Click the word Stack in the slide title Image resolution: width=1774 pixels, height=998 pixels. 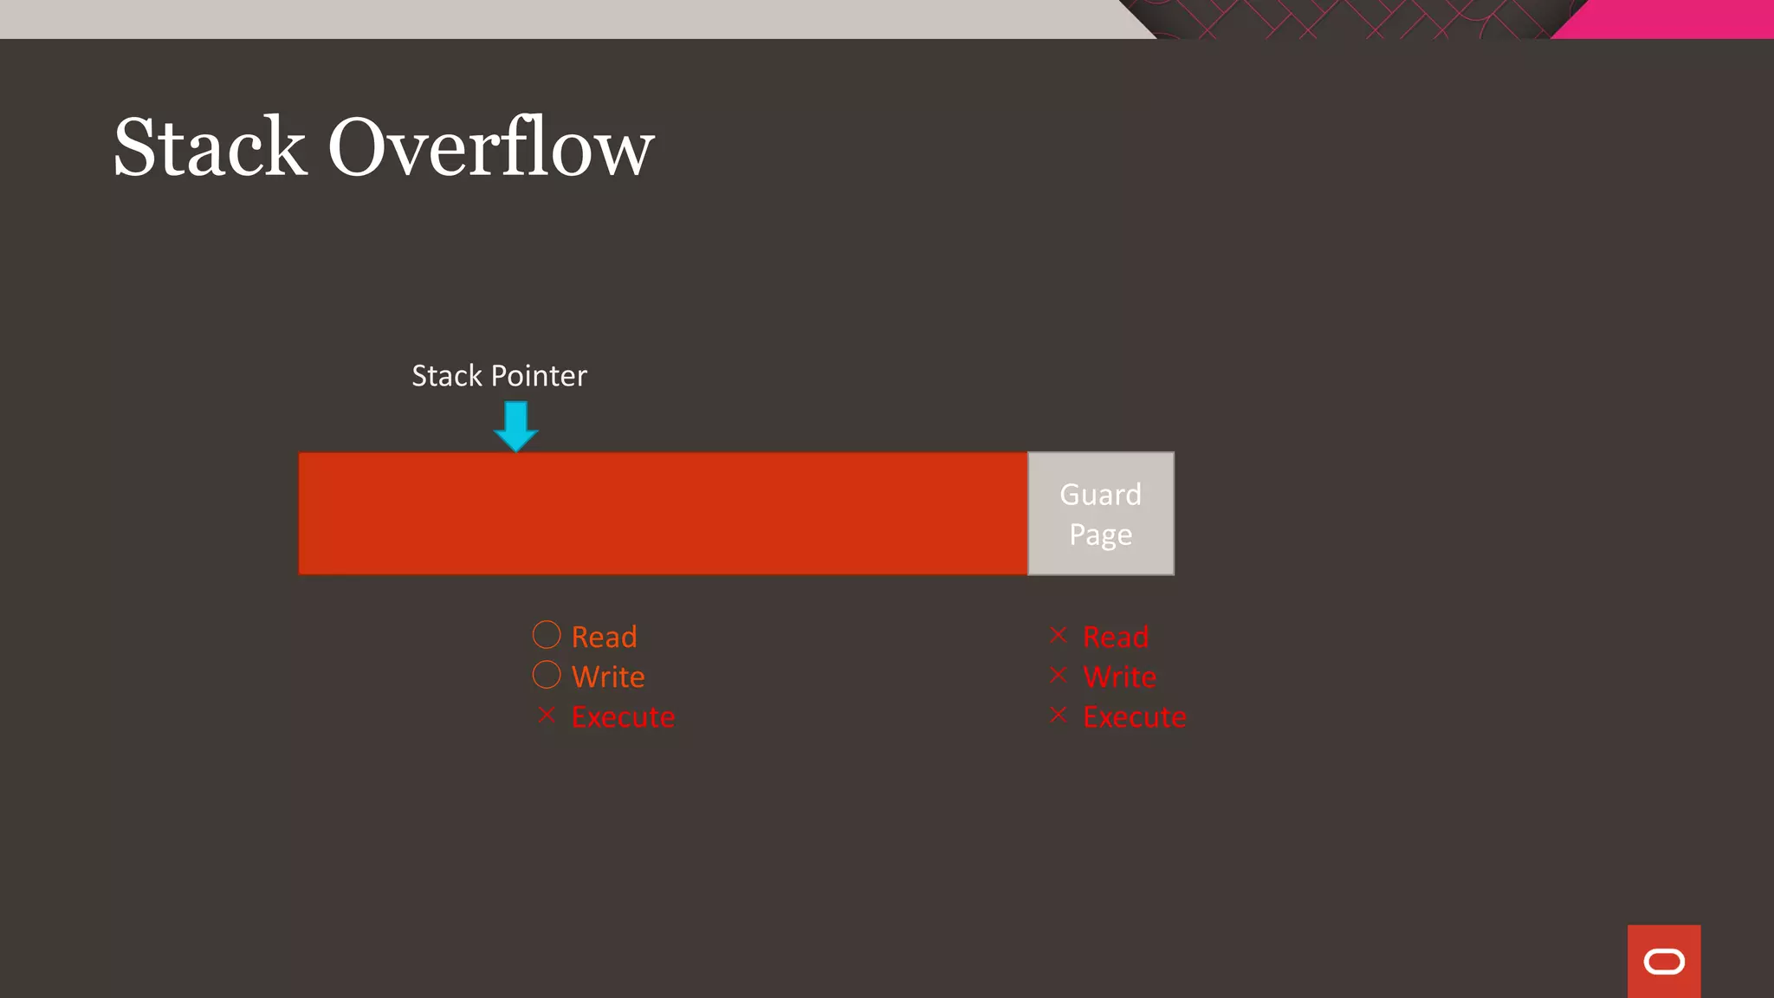click(210, 147)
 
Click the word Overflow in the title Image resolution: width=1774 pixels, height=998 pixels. click(490, 147)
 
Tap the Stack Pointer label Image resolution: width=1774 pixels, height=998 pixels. click(499, 376)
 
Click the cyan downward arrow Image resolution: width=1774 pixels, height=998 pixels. click(516, 425)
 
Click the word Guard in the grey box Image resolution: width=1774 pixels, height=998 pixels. click(1101, 495)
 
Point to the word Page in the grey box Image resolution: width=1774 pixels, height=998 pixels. click(1101, 535)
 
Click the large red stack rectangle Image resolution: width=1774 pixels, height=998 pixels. click(663, 513)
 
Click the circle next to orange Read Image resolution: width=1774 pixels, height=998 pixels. click(547, 635)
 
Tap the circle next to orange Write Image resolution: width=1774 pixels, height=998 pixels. click(547, 675)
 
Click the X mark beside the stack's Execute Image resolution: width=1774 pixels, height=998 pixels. click(547, 715)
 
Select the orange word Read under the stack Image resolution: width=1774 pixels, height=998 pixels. click(605, 637)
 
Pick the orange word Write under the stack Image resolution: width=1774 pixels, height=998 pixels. click(608, 677)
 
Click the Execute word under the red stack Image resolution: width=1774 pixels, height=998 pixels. click(623, 717)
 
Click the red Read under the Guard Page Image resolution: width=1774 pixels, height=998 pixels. click(1116, 637)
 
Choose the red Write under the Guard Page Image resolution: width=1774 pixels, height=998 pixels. click(1119, 677)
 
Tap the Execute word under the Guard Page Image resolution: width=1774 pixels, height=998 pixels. click(1135, 717)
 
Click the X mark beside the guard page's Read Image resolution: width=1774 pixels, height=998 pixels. click(1058, 635)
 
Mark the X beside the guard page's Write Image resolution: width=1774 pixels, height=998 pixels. click(1058, 675)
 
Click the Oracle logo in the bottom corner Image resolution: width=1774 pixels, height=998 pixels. click(1664, 962)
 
